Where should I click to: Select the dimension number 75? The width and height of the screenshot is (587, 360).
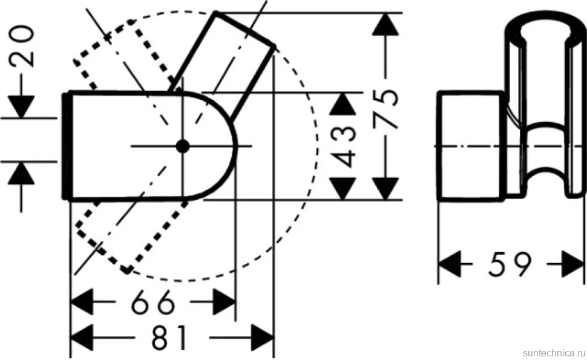pyautogui.click(x=385, y=108)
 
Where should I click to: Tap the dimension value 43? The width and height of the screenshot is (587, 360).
pyautogui.click(x=343, y=146)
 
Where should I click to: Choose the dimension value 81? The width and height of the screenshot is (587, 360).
pyautogui.click(x=169, y=338)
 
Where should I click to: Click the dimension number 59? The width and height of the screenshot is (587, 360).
pyautogui.click(x=510, y=264)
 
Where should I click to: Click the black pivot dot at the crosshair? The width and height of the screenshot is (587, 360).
pyautogui.click(x=183, y=146)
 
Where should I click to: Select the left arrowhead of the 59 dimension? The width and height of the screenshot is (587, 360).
pyautogui.click(x=449, y=264)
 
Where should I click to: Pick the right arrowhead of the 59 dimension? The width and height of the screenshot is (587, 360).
pyautogui.click(x=573, y=264)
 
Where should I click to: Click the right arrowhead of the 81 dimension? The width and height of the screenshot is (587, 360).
pyautogui.click(x=263, y=338)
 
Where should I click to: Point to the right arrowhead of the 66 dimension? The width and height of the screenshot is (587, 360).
pyautogui.click(x=224, y=302)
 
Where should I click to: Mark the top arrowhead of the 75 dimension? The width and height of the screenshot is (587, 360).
pyautogui.click(x=385, y=25)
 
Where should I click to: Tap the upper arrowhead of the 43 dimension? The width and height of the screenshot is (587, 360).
pyautogui.click(x=343, y=103)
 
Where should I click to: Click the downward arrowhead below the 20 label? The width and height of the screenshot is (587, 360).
pyautogui.click(x=21, y=106)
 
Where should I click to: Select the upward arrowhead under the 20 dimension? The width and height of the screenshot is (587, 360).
pyautogui.click(x=21, y=173)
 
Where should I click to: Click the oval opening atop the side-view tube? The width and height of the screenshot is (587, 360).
pyautogui.click(x=544, y=32)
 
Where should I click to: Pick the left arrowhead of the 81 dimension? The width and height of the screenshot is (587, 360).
pyautogui.click(x=82, y=338)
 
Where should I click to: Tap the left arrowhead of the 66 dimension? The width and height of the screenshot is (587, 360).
pyautogui.click(x=82, y=302)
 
